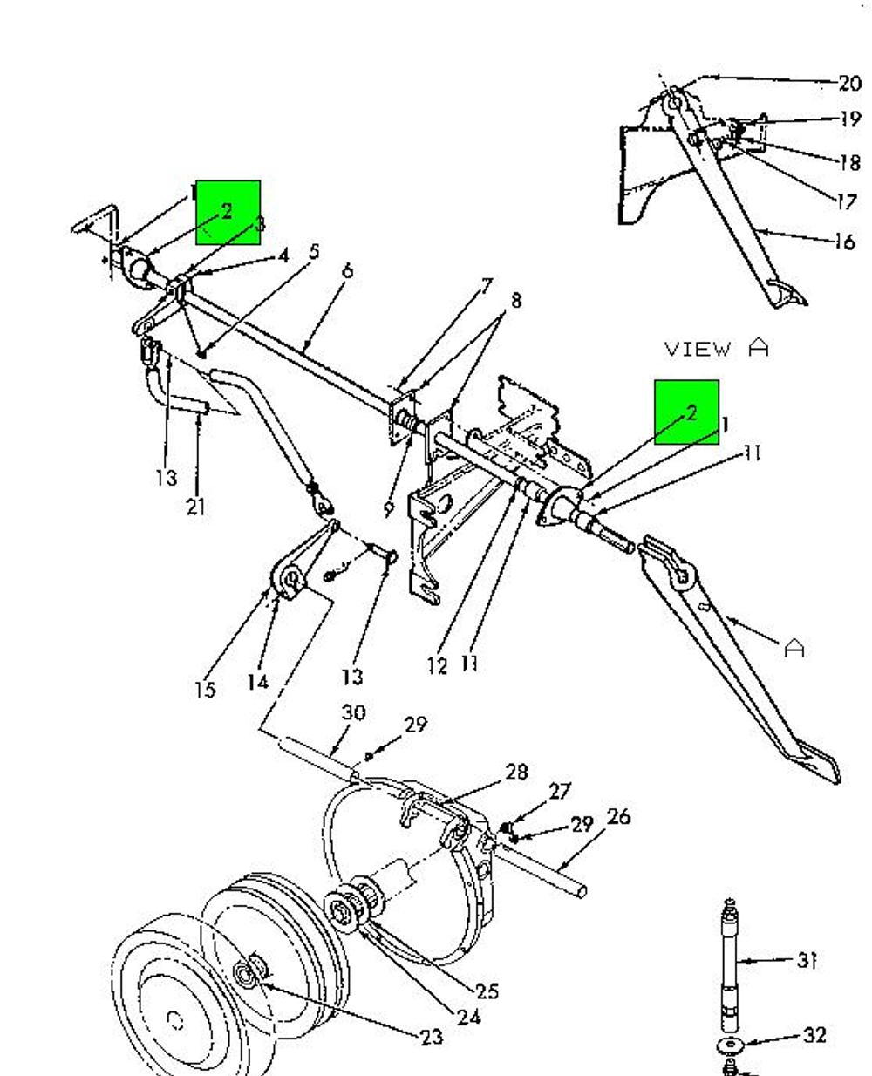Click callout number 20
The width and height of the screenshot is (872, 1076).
pyautogui.click(x=849, y=83)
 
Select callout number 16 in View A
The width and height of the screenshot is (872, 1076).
pyautogui.click(x=845, y=242)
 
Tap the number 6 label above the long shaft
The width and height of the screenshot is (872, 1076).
pyautogui.click(x=347, y=271)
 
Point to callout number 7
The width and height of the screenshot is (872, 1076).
pyautogui.click(x=486, y=286)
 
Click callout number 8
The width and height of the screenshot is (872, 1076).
pyautogui.click(x=515, y=300)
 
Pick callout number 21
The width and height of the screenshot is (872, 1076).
pyautogui.click(x=196, y=507)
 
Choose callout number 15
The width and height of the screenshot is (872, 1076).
pyautogui.click(x=205, y=689)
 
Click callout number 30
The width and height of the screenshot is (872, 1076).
pyautogui.click(x=353, y=712)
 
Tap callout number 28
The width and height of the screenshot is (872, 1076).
pyautogui.click(x=516, y=772)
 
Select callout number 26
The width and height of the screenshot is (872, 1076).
pyautogui.click(x=619, y=816)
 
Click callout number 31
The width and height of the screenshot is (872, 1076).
pyautogui.click(x=807, y=960)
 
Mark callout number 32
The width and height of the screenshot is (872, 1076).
pyautogui.click(x=814, y=1034)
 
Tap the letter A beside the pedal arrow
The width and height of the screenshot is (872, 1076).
pyautogui.click(x=794, y=648)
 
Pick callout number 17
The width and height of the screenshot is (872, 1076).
pyautogui.click(x=846, y=202)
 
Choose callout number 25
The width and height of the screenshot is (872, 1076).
pyautogui.click(x=487, y=991)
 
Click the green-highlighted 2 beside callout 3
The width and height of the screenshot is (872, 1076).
pyautogui.click(x=227, y=211)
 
